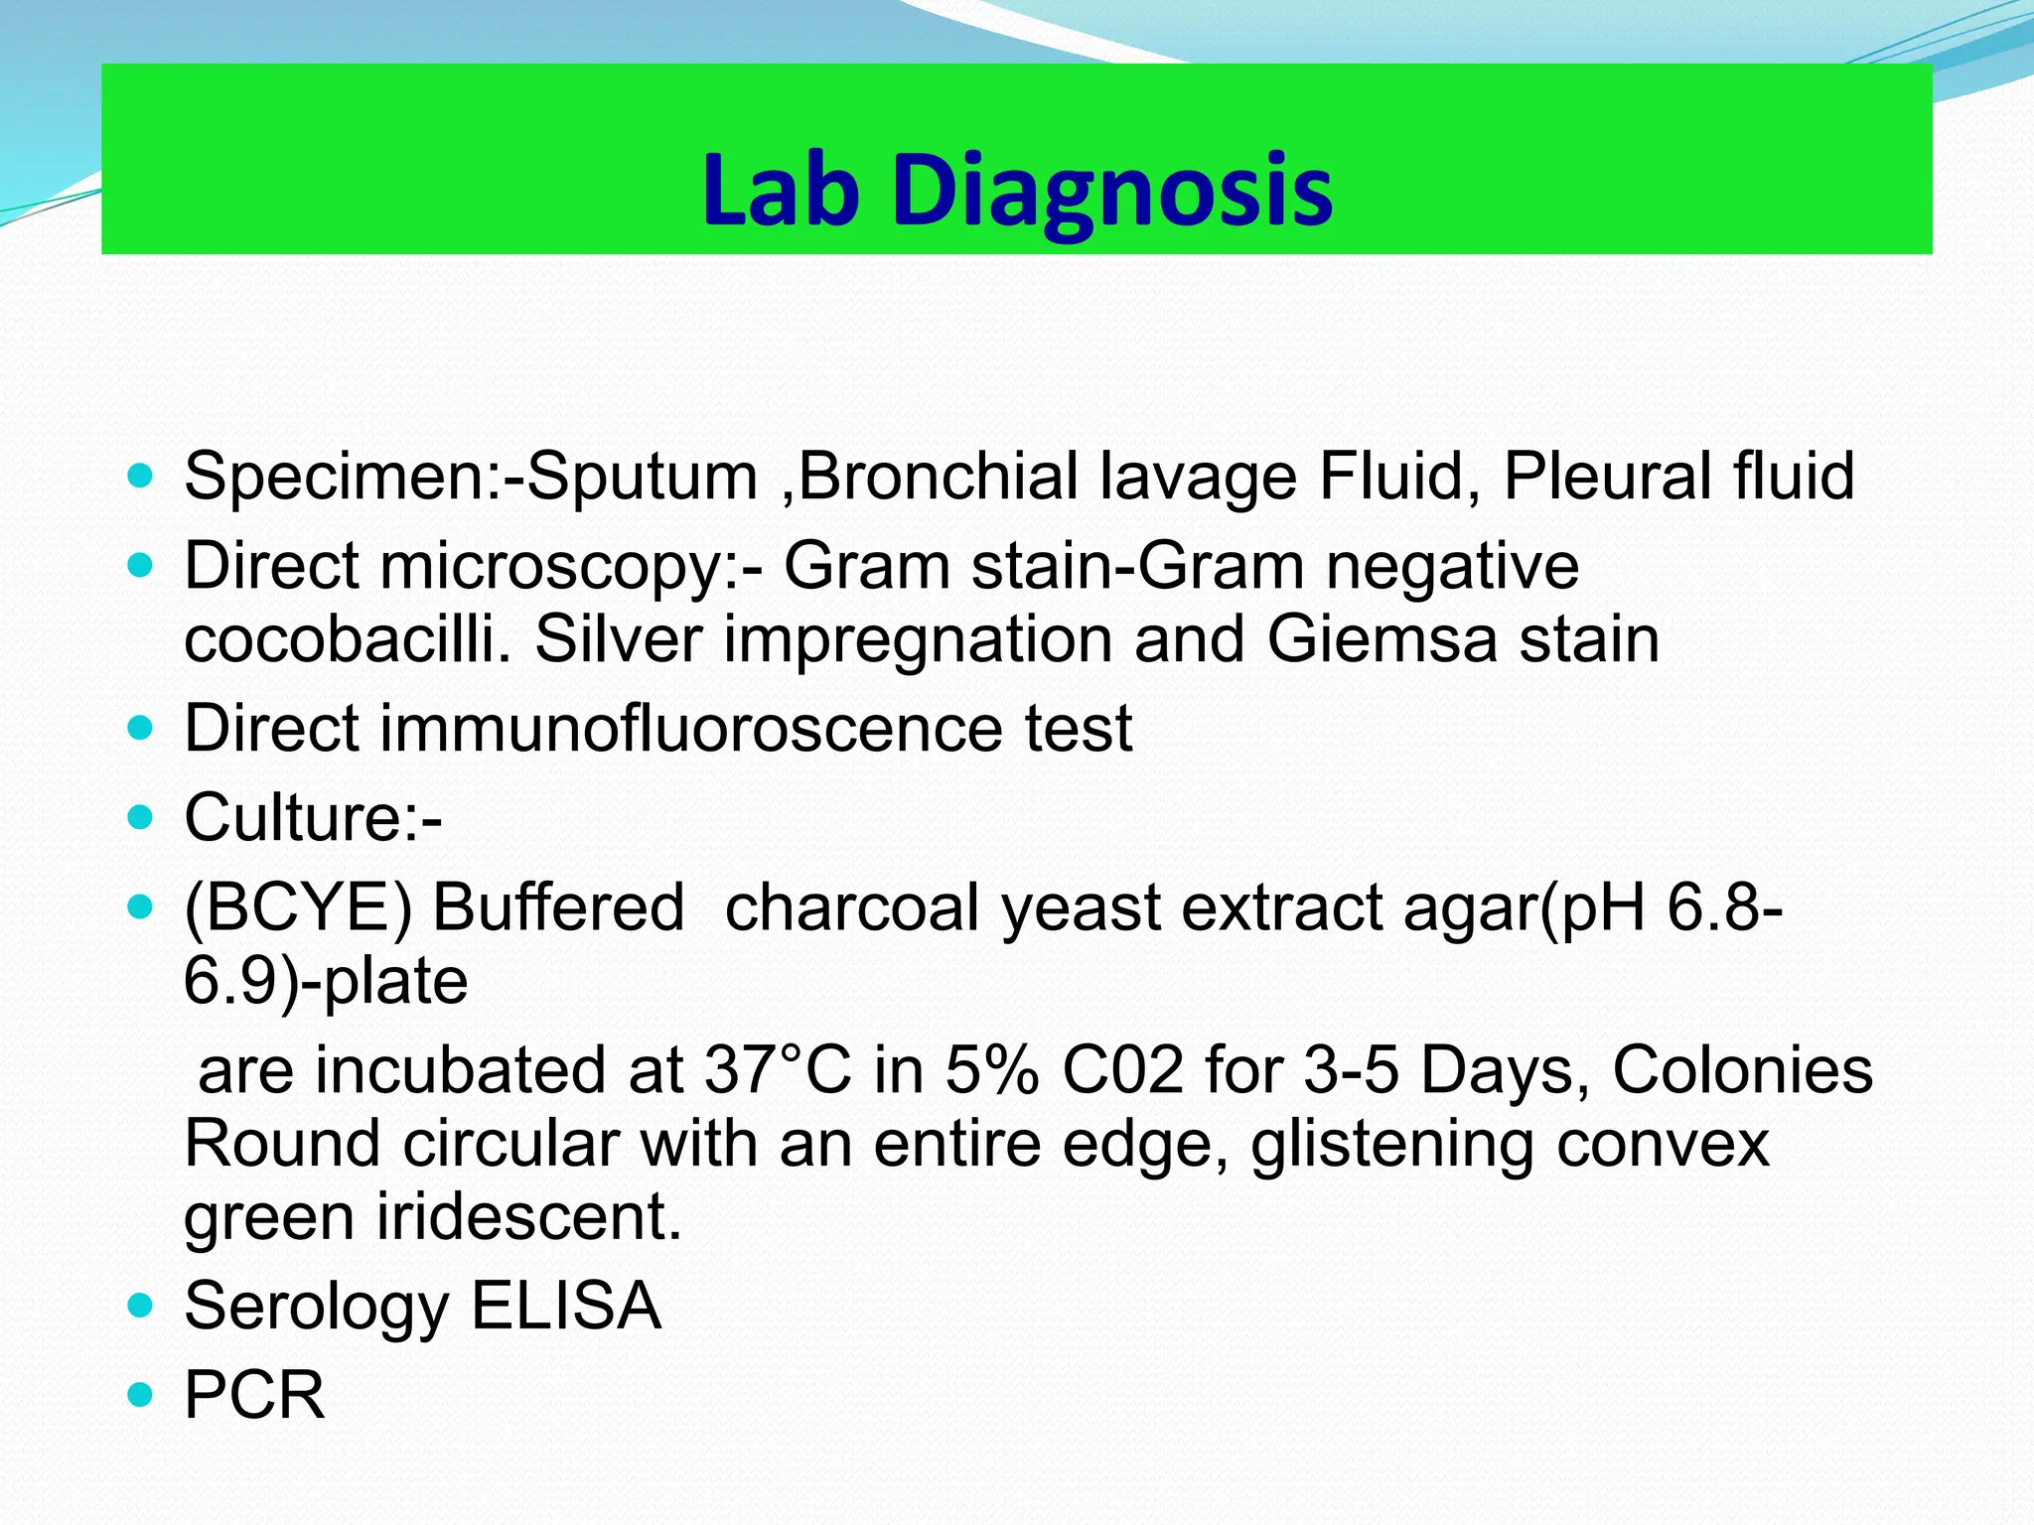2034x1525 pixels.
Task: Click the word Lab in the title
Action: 780,191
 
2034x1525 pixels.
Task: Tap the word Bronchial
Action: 938,476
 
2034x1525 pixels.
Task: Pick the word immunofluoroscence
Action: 691,728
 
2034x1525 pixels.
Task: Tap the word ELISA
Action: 565,1306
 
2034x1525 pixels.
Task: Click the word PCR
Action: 254,1395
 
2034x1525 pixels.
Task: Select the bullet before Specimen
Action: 141,476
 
